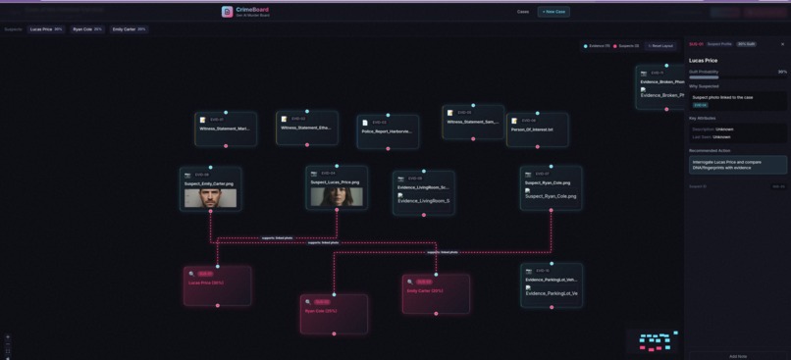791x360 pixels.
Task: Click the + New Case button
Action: click(554, 12)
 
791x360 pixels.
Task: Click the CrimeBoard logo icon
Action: click(228, 12)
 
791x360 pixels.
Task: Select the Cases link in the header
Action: click(523, 12)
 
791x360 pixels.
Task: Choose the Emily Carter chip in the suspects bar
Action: click(130, 29)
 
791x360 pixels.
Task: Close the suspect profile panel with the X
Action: click(782, 44)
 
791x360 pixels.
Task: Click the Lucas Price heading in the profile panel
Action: click(704, 61)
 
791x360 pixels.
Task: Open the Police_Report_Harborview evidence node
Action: click(388, 130)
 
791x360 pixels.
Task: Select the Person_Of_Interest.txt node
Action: click(537, 129)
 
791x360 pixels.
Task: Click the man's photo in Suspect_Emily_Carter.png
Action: click(210, 197)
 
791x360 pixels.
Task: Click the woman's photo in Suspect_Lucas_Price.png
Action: click(337, 196)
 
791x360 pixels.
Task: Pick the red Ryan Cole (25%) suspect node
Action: click(334, 312)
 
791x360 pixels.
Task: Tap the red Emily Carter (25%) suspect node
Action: click(436, 291)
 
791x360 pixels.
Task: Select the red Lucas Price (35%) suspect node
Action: click(217, 283)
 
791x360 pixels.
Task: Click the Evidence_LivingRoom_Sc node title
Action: click(424, 187)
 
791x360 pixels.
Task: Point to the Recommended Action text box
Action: click(737, 164)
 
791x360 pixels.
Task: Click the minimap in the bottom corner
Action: click(653, 340)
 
